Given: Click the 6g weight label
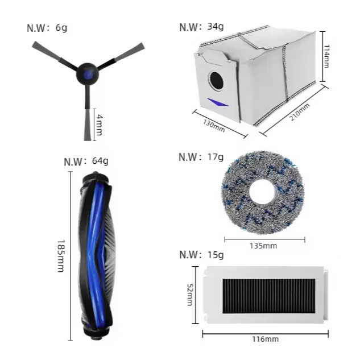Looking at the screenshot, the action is click(47, 28).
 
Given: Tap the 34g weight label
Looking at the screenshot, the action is click(201, 27).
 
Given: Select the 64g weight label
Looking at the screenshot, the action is click(86, 162).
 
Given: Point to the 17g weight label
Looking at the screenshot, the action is click(201, 158).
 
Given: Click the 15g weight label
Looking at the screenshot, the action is click(201, 255).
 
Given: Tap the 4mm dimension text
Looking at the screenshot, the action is click(99, 125).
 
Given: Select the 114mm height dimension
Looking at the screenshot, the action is click(326, 56).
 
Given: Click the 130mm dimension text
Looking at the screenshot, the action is click(214, 126).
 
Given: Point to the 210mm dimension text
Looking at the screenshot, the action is click(299, 112).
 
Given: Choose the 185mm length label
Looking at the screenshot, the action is click(61, 256).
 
